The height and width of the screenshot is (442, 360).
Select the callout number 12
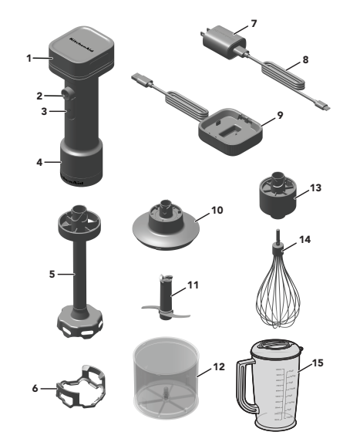[220, 367]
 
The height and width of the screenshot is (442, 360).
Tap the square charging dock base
[231, 127]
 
